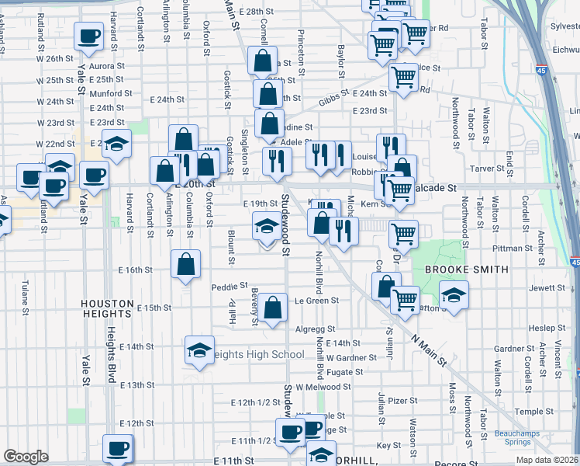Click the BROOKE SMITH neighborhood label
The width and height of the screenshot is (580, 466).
pyautogui.click(x=466, y=270)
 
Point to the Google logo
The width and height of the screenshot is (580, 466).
pyautogui.click(x=26, y=457)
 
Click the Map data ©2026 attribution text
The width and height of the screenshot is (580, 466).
pyautogui.click(x=547, y=460)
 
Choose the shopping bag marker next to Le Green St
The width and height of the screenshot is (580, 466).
pyautogui.click(x=273, y=308)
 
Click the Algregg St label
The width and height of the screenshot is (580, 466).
pyautogui.click(x=314, y=329)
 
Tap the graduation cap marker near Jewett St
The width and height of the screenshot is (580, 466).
pyautogui.click(x=454, y=295)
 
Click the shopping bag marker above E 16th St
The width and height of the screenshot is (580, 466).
pyautogui.click(x=186, y=264)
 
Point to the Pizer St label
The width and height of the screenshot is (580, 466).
pyautogui.click(x=402, y=401)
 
